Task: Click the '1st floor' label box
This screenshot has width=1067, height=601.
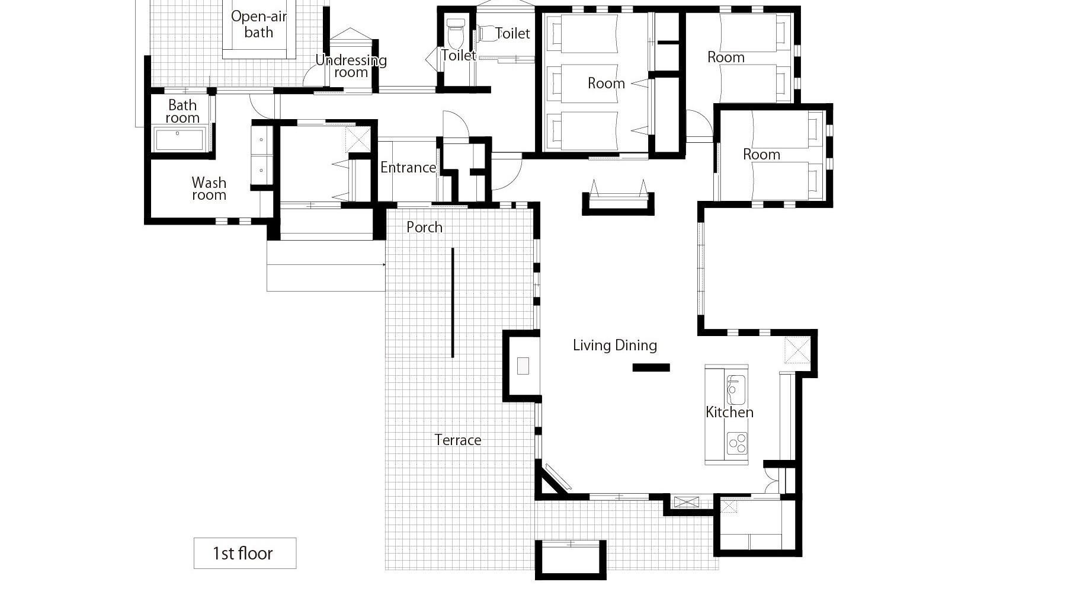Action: (x=245, y=553)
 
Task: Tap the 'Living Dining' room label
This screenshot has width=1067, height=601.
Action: (x=615, y=345)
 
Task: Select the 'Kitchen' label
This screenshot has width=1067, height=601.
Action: (x=729, y=412)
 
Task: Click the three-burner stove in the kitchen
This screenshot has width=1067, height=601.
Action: (x=737, y=443)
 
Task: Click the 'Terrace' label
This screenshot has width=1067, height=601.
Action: (x=457, y=440)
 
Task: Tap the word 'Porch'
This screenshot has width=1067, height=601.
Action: (x=424, y=227)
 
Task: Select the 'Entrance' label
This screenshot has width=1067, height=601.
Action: (x=408, y=168)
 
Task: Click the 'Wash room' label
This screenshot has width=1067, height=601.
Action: (x=209, y=188)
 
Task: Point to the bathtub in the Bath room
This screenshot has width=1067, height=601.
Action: (x=180, y=138)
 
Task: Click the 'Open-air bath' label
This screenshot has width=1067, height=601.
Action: (x=259, y=24)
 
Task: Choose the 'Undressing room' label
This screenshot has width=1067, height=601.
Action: (x=351, y=66)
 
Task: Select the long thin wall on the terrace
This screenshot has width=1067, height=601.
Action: (x=453, y=302)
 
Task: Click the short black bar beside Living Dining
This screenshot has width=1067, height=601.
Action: (x=651, y=367)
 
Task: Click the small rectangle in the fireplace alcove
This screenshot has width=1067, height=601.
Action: (x=523, y=366)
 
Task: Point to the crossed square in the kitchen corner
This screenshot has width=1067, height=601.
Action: (x=797, y=349)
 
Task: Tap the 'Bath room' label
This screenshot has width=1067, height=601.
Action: (x=182, y=111)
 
